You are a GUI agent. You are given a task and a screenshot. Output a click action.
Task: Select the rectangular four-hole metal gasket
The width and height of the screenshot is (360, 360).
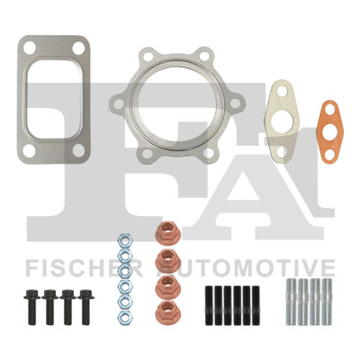point(22,99)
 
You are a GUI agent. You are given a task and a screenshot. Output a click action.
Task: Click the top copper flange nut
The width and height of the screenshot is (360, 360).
point(168,232)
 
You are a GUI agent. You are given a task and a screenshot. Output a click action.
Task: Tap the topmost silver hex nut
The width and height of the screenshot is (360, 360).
point(124,240)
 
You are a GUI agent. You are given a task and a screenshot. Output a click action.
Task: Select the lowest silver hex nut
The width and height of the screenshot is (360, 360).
point(124,318)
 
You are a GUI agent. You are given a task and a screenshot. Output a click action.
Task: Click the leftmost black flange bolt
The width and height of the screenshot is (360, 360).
point(32,307)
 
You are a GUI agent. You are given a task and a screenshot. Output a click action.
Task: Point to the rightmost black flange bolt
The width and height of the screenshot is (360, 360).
point(86,307)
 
